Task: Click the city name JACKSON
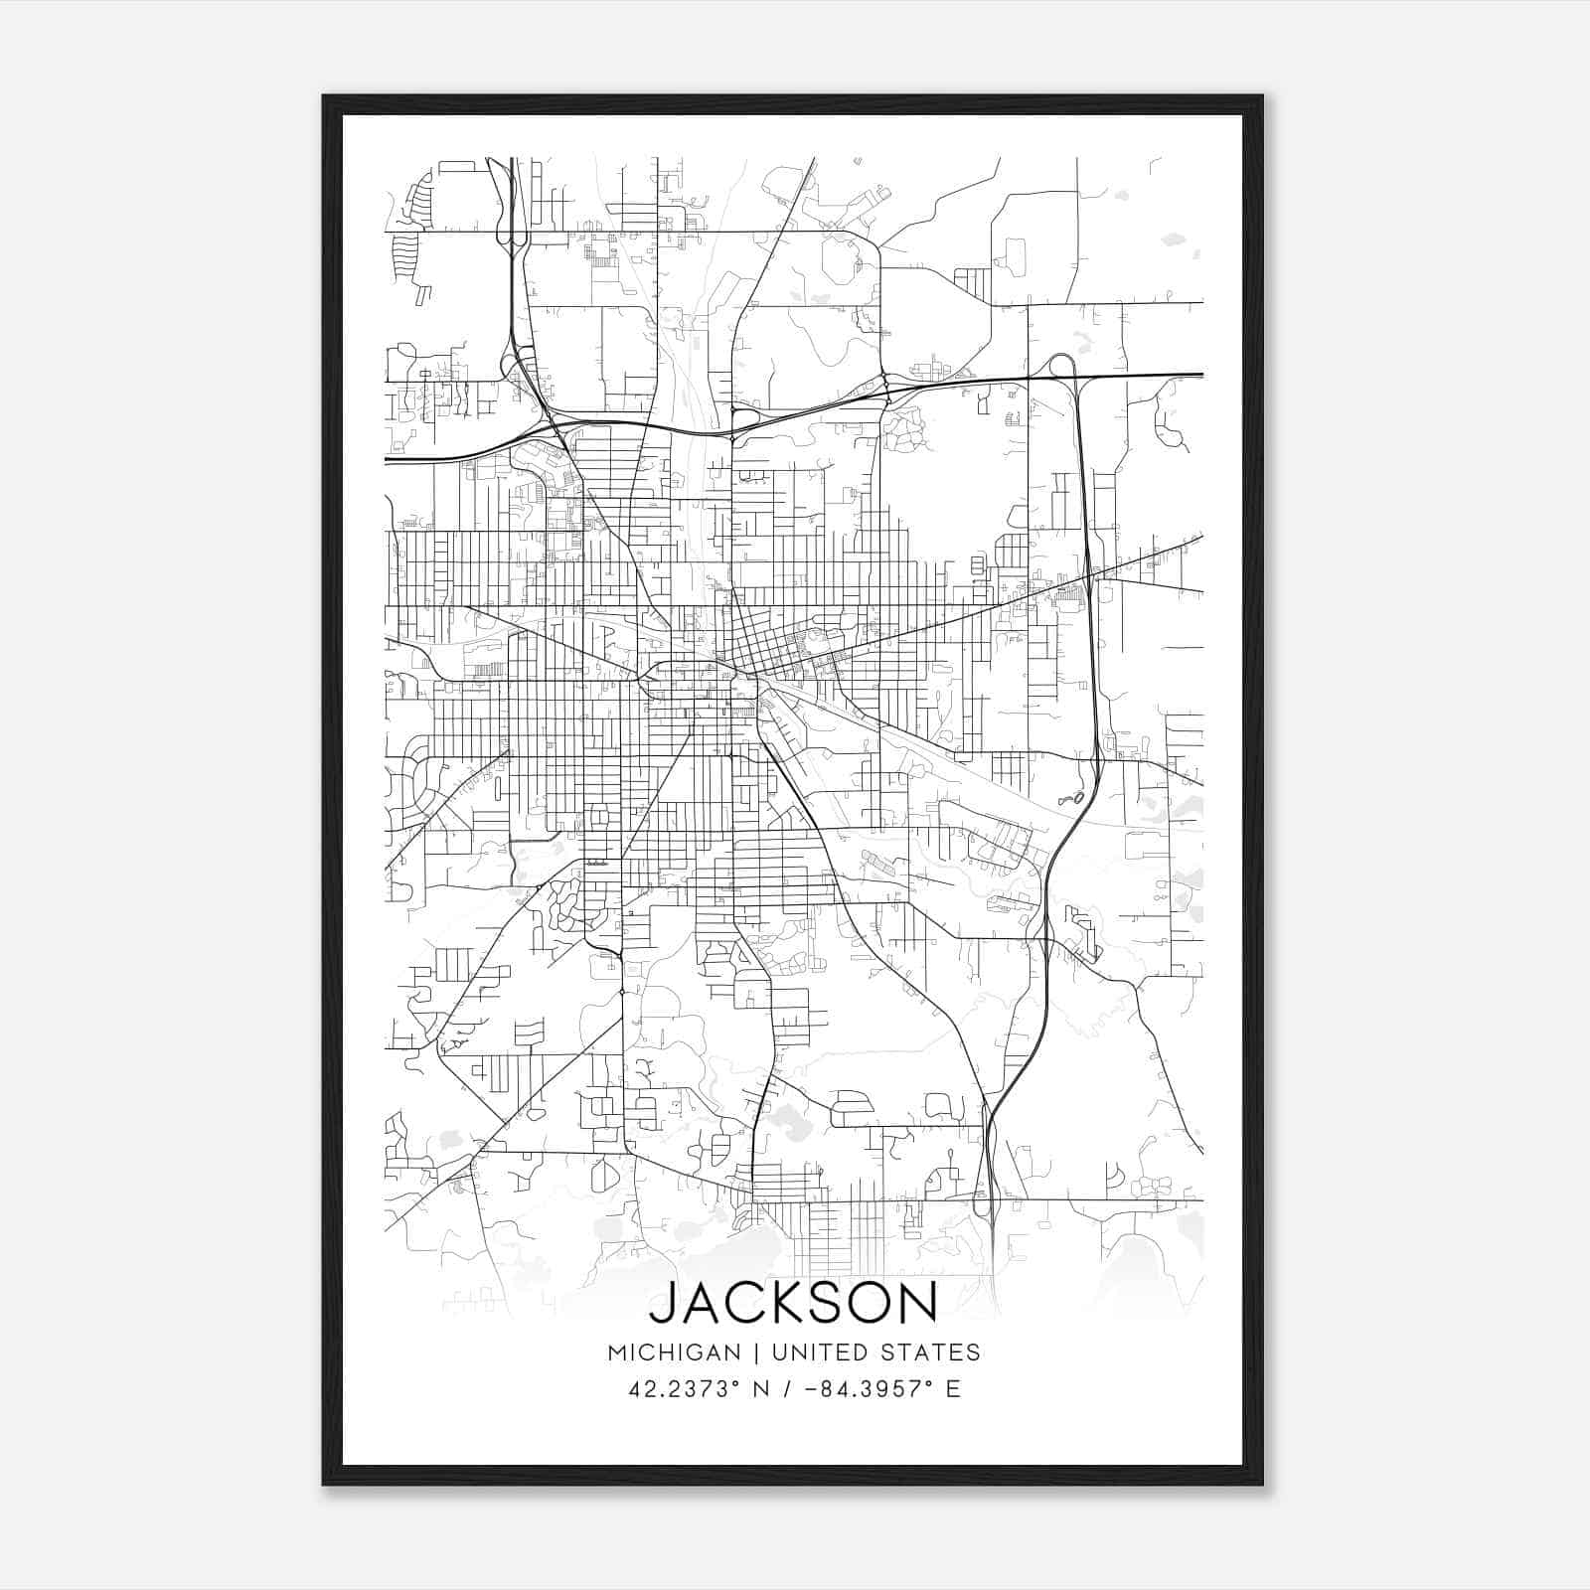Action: pyautogui.click(x=793, y=1303)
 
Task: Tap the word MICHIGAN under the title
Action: pyautogui.click(x=674, y=1352)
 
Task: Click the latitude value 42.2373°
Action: pyautogui.click(x=685, y=1388)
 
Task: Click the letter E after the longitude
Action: pyautogui.click(x=953, y=1388)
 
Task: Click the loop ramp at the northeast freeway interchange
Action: pyautogui.click(x=1060, y=365)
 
